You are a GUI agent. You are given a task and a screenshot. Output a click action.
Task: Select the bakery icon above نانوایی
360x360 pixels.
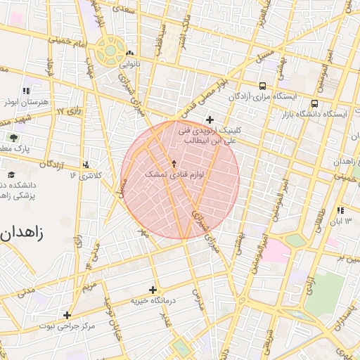click(x=129, y=53)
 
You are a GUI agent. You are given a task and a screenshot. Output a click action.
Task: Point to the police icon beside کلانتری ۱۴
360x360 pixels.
click(x=86, y=165)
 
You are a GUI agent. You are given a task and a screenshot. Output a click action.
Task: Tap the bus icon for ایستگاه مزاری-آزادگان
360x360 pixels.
click(x=262, y=84)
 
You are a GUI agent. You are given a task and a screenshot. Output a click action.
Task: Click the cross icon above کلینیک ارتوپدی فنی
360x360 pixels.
click(x=210, y=120)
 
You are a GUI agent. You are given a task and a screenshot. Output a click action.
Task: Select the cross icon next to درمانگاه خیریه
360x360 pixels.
click(x=153, y=290)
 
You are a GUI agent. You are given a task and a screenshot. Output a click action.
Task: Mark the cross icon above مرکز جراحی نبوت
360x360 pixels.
click(x=67, y=316)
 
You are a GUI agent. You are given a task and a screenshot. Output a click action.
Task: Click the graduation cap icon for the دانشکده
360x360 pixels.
click(x=11, y=174)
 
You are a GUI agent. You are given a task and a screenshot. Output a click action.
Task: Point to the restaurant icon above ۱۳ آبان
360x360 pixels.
click(x=340, y=210)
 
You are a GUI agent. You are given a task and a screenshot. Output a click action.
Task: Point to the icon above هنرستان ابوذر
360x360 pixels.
click(x=26, y=91)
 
